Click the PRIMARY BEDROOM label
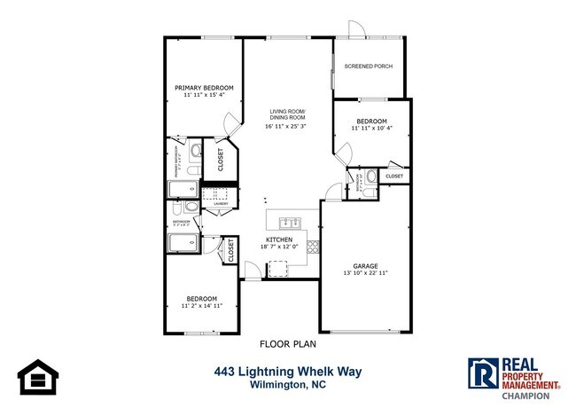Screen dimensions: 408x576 (x=204, y=88)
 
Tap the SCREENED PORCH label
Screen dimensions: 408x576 (x=368, y=67)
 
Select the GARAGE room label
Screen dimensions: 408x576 (x=366, y=266)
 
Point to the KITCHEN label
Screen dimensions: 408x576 (x=279, y=239)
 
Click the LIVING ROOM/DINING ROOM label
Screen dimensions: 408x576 (x=288, y=114)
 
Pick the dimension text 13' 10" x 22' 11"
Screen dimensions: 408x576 (x=366, y=274)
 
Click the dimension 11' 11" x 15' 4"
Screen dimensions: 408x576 (x=204, y=95)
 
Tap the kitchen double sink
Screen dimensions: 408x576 (x=288, y=222)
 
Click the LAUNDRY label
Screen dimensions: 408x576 (x=220, y=205)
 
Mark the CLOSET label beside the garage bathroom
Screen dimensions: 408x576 (x=393, y=176)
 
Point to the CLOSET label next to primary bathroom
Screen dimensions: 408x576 (x=220, y=159)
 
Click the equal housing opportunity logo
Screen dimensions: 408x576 (x=36, y=377)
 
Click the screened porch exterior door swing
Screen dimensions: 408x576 (x=356, y=28)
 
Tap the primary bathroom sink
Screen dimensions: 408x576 (x=195, y=152)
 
